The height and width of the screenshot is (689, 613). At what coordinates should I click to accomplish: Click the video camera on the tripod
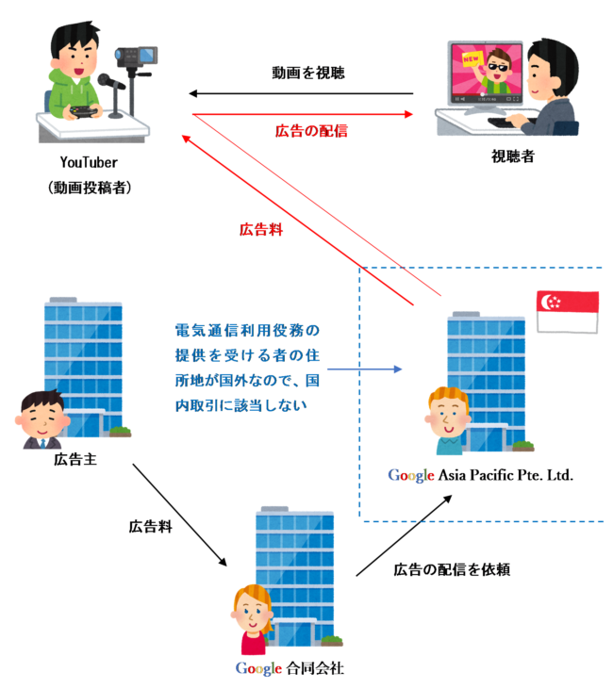point(138,57)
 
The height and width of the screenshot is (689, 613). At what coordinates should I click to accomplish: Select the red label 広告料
point(261,229)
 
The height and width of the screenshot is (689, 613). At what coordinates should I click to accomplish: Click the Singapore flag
point(567,311)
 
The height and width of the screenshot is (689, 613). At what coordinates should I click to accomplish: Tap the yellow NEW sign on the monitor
point(469,60)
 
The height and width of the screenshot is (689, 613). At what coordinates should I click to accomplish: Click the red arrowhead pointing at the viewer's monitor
point(408,114)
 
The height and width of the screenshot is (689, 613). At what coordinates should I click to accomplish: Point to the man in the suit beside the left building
point(40,420)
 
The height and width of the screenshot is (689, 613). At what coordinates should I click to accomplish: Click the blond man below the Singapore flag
point(449,419)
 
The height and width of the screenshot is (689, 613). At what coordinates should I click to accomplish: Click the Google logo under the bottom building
point(258,669)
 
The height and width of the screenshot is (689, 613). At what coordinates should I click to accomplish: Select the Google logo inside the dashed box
point(411,475)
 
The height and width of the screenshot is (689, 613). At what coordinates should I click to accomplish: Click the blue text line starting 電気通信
point(248,331)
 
